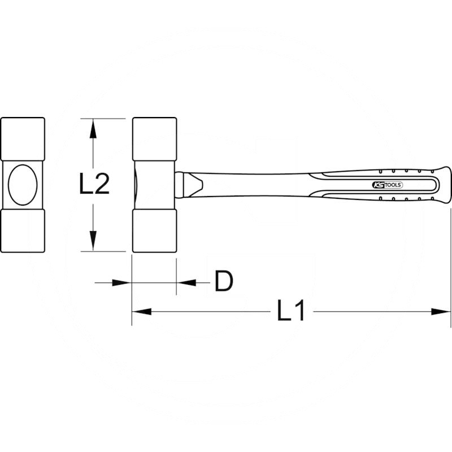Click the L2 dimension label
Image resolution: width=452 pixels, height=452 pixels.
tap(94, 184)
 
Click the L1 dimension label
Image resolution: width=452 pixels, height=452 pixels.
tap(290, 310)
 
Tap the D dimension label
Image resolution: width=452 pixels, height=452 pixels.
tap(224, 281)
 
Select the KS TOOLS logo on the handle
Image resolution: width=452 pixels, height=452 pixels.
tap(387, 185)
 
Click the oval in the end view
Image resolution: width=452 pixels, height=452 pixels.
tap(23, 185)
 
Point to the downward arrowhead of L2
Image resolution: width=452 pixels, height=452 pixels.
tap(93, 241)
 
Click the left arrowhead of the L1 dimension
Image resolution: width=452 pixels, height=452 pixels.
tap(142, 312)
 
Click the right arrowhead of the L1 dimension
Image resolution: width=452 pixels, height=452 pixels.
tap(441, 312)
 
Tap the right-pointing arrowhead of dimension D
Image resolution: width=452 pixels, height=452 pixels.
tap(121, 283)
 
